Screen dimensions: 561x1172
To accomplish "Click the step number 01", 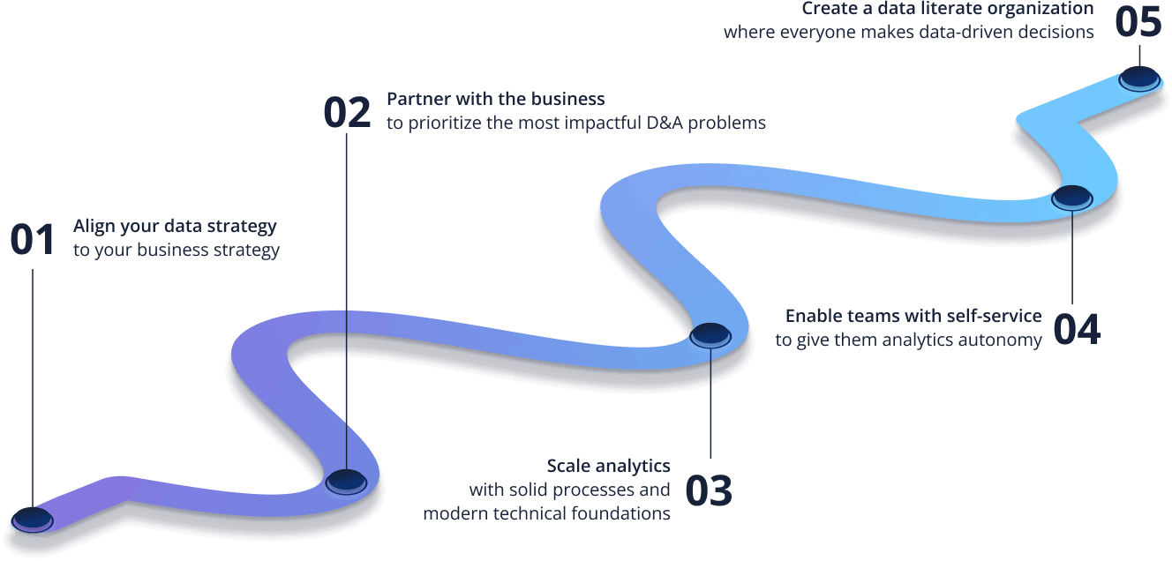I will click(33, 240).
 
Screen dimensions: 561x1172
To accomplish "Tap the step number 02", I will click(347, 112).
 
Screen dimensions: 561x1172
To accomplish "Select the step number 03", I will click(709, 490).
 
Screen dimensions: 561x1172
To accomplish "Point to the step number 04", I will click(1077, 329).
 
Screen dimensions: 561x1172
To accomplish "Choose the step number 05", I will click(1138, 22).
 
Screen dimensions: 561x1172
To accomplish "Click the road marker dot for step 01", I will click(31, 519).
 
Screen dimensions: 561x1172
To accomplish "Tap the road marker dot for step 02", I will click(346, 480).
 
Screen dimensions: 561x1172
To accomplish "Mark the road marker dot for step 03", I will click(710, 333).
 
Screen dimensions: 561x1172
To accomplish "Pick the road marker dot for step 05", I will click(1138, 79).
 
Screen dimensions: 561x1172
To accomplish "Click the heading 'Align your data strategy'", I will click(175, 227).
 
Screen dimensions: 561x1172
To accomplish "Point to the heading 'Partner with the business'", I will click(495, 98).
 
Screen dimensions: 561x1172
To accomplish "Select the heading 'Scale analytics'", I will click(608, 466).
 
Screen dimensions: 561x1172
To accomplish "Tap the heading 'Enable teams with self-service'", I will click(913, 315).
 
